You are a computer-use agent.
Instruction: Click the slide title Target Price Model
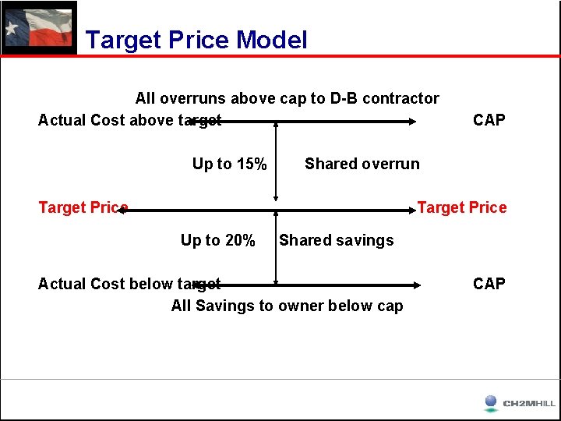click(x=196, y=40)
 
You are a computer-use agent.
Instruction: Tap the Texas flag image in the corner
click(x=39, y=27)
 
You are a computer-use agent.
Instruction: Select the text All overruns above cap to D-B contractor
click(x=287, y=98)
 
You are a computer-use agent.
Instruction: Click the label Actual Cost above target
click(x=129, y=120)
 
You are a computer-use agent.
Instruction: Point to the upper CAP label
click(x=489, y=120)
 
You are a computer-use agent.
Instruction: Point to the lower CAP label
click(x=489, y=284)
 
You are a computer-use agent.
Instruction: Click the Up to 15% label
click(x=230, y=164)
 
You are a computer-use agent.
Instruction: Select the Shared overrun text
click(x=362, y=164)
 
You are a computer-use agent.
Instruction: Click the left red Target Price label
click(x=83, y=207)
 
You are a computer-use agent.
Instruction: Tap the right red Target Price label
click(x=462, y=207)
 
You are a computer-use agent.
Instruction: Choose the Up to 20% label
click(x=218, y=240)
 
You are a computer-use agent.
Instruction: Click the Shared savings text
click(x=337, y=240)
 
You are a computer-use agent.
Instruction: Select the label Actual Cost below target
click(x=129, y=284)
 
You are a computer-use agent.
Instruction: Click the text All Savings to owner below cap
click(x=287, y=306)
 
